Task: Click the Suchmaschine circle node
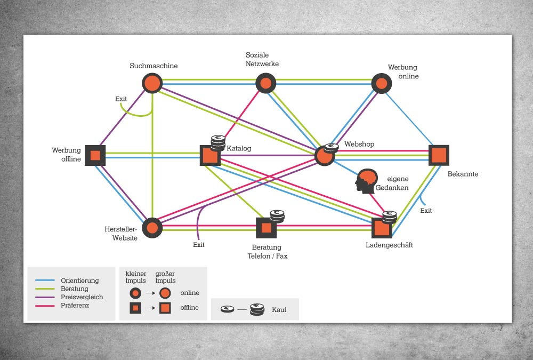click(152, 83)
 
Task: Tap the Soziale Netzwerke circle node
click(265, 83)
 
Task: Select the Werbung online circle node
click(382, 83)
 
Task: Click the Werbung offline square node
click(95, 156)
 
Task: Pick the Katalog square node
click(210, 156)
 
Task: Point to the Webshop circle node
click(325, 156)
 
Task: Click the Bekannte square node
click(439, 155)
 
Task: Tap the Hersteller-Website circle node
click(152, 228)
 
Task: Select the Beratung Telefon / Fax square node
click(266, 228)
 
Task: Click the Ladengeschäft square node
click(382, 228)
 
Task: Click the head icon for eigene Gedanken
click(366, 181)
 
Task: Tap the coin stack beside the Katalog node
click(218, 142)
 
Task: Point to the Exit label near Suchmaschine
click(121, 99)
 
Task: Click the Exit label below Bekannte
click(426, 211)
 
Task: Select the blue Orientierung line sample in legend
click(45, 281)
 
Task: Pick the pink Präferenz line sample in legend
click(45, 306)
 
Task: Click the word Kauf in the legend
click(279, 310)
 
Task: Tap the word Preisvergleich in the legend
click(82, 297)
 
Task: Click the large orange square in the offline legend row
click(165, 308)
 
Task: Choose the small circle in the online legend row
click(135, 293)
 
